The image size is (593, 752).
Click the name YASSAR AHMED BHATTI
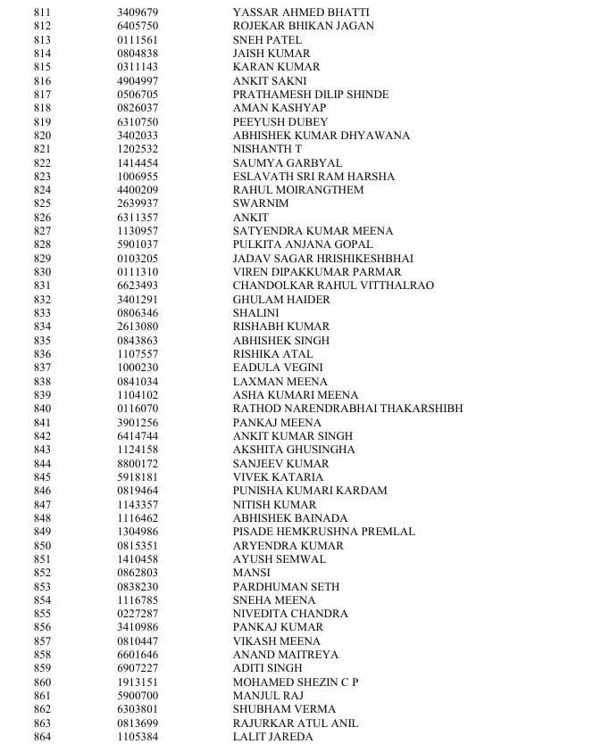tap(301, 12)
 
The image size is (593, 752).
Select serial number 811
tap(42, 12)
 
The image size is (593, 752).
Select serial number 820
tap(42, 136)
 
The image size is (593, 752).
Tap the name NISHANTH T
tap(267, 149)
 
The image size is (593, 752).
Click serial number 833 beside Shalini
tap(42, 313)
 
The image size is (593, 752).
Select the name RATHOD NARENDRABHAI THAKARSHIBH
tap(347, 409)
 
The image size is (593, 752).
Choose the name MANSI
tap(252, 573)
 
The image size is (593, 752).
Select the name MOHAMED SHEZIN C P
tap(296, 682)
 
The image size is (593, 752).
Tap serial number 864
tap(42, 737)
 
